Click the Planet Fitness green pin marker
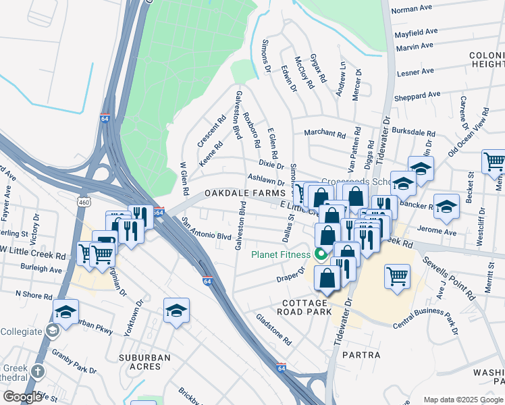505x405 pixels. (320, 254)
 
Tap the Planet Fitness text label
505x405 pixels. (281, 255)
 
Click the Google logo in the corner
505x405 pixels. (22, 397)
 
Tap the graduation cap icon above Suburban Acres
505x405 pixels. (176, 311)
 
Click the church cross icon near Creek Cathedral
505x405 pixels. (38, 371)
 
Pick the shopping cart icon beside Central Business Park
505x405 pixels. (397, 275)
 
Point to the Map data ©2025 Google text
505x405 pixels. (463, 400)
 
